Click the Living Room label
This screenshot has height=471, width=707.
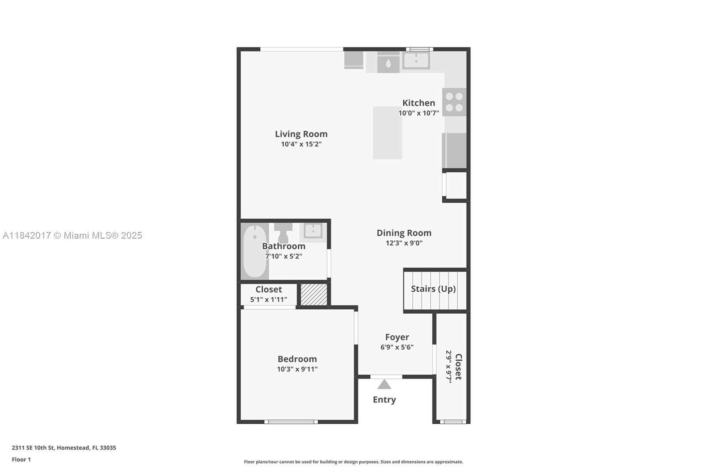[x=301, y=134]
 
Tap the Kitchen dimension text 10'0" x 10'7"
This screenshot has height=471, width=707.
[x=418, y=113]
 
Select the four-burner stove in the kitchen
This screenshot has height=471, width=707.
[x=454, y=102]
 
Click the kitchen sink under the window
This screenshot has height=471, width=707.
[x=416, y=60]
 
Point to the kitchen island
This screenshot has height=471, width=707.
[x=387, y=133]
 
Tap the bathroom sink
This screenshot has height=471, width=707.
[x=313, y=231]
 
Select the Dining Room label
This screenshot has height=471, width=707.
[x=404, y=233]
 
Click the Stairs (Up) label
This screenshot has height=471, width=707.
[x=433, y=289]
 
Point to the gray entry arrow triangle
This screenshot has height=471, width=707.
[x=384, y=384]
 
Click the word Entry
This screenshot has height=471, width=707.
[x=384, y=400]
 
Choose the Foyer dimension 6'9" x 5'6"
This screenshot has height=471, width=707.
[x=397, y=347]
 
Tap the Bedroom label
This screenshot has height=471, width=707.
[x=297, y=359]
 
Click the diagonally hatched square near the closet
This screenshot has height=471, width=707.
[x=314, y=295]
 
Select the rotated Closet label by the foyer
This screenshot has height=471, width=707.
[x=458, y=367]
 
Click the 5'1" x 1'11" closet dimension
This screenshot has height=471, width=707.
[x=269, y=299]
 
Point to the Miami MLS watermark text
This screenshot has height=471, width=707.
[x=72, y=235]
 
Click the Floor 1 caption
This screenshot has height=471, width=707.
[x=22, y=460]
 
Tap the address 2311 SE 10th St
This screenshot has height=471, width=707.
[x=33, y=448]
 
